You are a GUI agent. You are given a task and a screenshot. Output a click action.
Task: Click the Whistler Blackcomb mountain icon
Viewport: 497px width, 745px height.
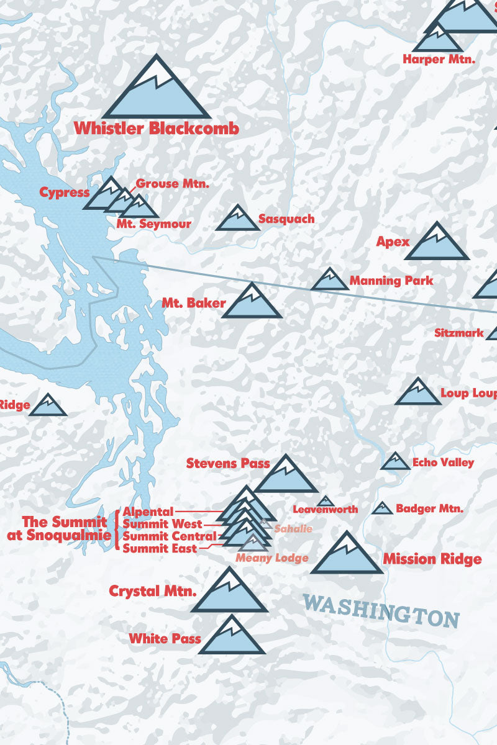coord(157,90)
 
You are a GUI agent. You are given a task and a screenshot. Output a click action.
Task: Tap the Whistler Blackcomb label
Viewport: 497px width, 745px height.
coord(157,129)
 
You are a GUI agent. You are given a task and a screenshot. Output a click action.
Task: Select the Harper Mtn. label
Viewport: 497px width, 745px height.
coord(439,60)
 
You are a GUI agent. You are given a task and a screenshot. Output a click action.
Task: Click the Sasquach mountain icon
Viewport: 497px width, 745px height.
coord(237,219)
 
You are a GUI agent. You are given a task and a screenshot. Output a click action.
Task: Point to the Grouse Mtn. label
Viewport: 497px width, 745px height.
coord(172,184)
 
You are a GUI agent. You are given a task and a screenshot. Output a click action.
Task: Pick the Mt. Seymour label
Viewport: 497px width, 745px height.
coord(153,223)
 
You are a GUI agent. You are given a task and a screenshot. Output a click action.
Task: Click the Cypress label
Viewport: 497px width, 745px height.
coord(65,192)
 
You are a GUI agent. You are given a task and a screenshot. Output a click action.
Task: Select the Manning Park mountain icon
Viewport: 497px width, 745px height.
coord(330,281)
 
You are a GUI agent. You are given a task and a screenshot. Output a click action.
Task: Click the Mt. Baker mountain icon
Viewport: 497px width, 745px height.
coord(252,302)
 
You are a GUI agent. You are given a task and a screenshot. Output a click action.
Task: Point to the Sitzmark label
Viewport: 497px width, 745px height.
coord(458,333)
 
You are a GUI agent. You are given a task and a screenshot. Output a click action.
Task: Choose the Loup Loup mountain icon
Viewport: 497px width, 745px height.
coord(417,393)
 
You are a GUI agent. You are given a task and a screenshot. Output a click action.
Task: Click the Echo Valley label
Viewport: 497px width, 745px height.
coord(443,463)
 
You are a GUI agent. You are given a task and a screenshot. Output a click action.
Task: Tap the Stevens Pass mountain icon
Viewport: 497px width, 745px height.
coord(286,476)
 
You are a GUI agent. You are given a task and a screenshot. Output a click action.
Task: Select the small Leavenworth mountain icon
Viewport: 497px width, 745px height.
coord(324,501)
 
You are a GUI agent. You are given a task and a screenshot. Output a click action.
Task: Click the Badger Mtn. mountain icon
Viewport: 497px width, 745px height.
coord(383,508)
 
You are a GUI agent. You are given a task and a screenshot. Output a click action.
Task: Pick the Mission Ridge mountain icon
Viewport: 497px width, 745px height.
coord(347,554)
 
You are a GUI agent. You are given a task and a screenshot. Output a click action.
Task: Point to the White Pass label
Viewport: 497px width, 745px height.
coord(165,638)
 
